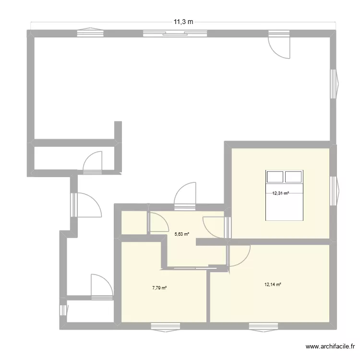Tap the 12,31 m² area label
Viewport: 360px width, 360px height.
coord(280,193)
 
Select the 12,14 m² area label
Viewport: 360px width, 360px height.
coord(272,284)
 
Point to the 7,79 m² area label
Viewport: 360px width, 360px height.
coord(159,288)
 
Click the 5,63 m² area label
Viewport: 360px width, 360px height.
coord(181,234)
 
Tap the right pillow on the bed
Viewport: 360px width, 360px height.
coord(293,177)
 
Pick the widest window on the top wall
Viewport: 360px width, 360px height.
coord(175,33)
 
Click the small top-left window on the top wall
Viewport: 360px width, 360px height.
coord(89,33)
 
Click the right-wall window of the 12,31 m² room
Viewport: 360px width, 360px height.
coord(334,191)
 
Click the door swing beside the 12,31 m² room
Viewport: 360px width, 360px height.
coord(214,228)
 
